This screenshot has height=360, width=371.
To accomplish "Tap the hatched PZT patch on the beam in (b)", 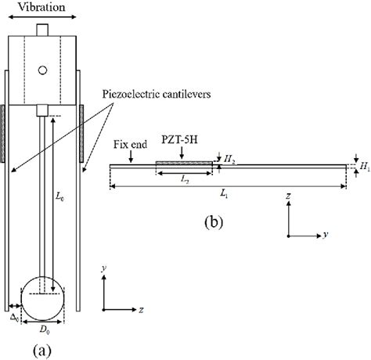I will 184,164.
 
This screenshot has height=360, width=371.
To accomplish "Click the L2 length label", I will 185,179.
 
